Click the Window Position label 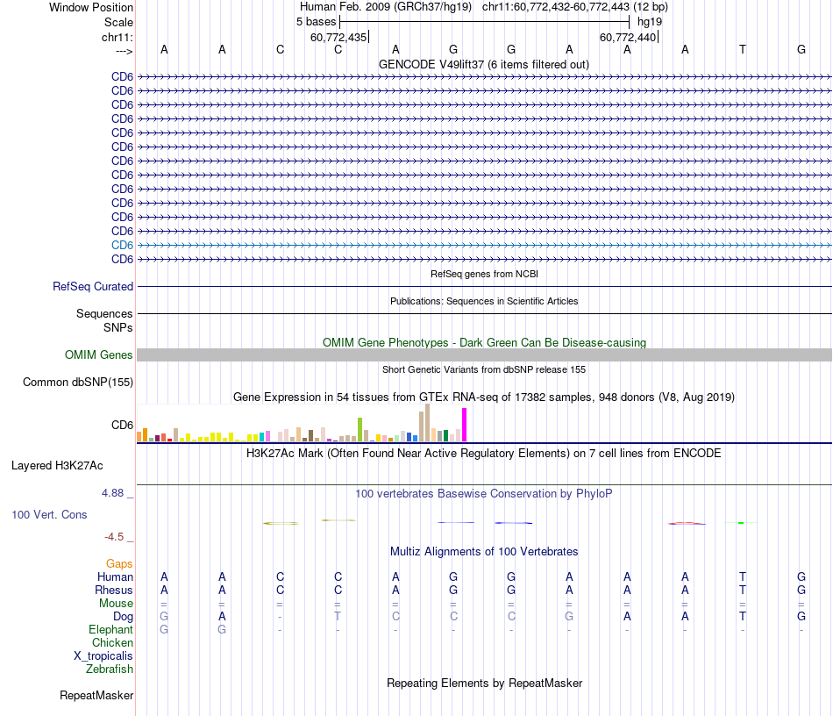91,7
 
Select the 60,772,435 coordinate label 338,38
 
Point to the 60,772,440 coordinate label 628,38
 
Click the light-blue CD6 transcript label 122,245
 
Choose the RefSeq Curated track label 93,286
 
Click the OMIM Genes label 99,355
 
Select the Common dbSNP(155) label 78,382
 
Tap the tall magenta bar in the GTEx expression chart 465,425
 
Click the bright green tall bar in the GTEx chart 360,429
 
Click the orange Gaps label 119,563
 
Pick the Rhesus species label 114,590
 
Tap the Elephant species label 110,629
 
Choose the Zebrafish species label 110,669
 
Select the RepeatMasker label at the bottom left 96,696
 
